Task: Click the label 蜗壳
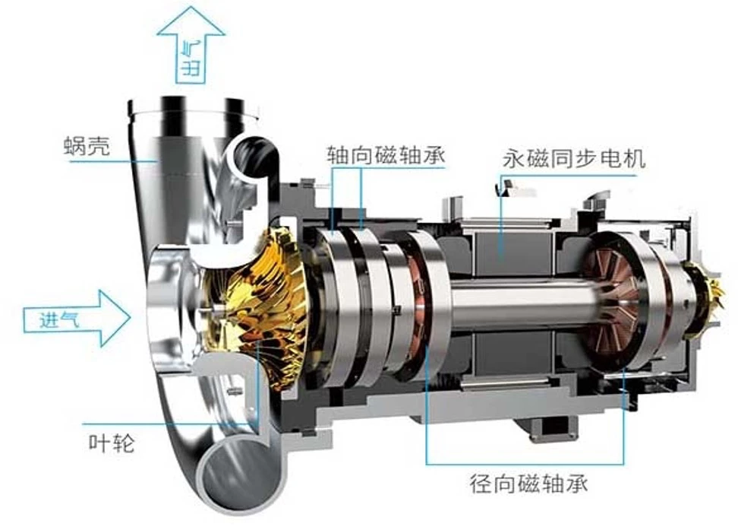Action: tap(87, 146)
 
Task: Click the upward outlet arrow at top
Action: tap(191, 46)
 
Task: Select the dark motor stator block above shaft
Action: tap(501, 243)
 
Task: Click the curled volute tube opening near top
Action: tap(253, 155)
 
